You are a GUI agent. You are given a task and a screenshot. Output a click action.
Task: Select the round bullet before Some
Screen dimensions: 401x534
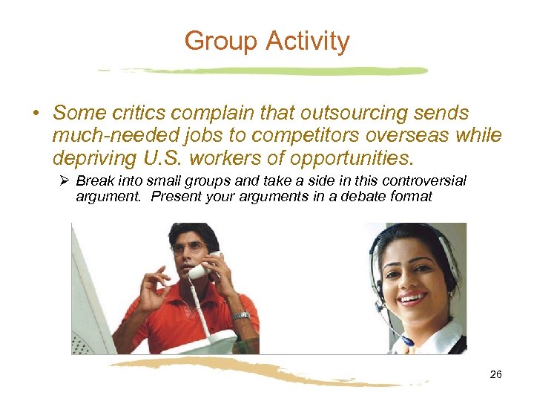(x=35, y=114)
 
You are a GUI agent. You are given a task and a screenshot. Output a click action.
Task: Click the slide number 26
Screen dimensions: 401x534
(x=495, y=374)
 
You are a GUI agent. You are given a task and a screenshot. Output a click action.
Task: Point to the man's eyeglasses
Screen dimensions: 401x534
(x=189, y=248)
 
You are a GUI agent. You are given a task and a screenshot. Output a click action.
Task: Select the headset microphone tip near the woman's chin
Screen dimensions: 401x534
(x=406, y=341)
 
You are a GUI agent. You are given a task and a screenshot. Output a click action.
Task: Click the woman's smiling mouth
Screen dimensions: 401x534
(x=412, y=300)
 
